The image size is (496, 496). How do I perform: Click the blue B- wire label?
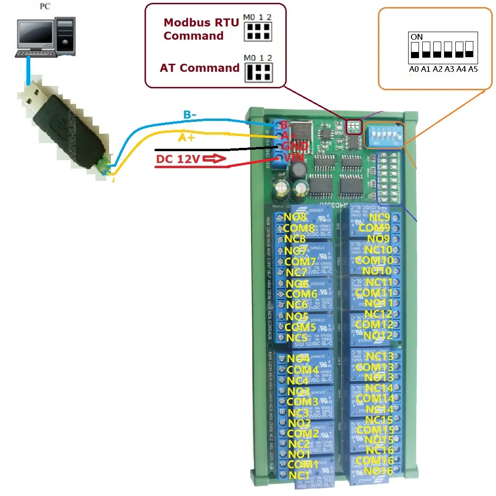193,115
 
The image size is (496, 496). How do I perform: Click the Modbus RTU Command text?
201,29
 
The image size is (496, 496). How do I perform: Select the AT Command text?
199,68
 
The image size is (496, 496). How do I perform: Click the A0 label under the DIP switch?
414,69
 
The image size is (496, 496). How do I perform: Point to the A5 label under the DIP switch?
473,69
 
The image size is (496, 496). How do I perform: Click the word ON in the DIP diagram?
417,36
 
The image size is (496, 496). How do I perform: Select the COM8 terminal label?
299,228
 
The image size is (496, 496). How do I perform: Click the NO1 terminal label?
299,454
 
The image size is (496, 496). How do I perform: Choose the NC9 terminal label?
380,218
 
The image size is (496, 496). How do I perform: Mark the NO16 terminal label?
378,470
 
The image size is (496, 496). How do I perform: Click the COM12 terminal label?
374,325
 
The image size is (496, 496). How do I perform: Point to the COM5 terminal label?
300,327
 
